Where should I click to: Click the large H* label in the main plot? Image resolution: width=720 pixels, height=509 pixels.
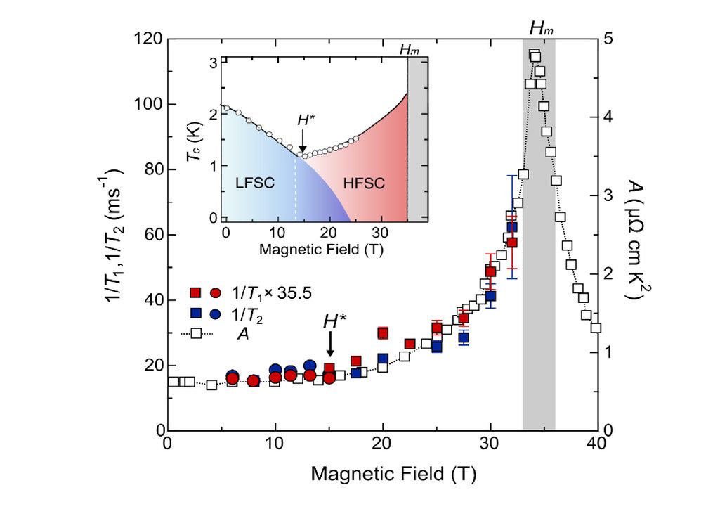pyautogui.click(x=335, y=322)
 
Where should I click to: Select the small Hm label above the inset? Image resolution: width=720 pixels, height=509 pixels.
pyautogui.click(x=408, y=50)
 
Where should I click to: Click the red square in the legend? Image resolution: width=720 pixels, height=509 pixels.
pyautogui.click(x=197, y=292)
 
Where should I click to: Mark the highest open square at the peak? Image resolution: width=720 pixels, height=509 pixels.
pyautogui.click(x=535, y=56)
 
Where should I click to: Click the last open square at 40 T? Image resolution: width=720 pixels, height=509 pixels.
pyautogui.click(x=596, y=328)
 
